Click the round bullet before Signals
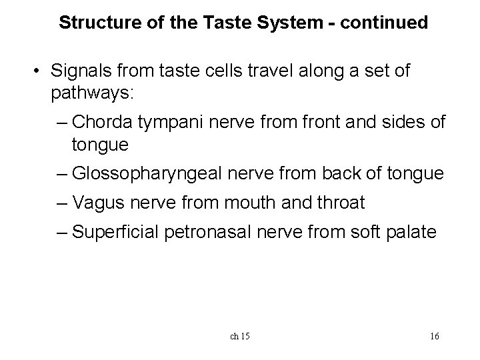click(41, 71)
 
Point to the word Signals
click(79, 71)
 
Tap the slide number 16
click(434, 336)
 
